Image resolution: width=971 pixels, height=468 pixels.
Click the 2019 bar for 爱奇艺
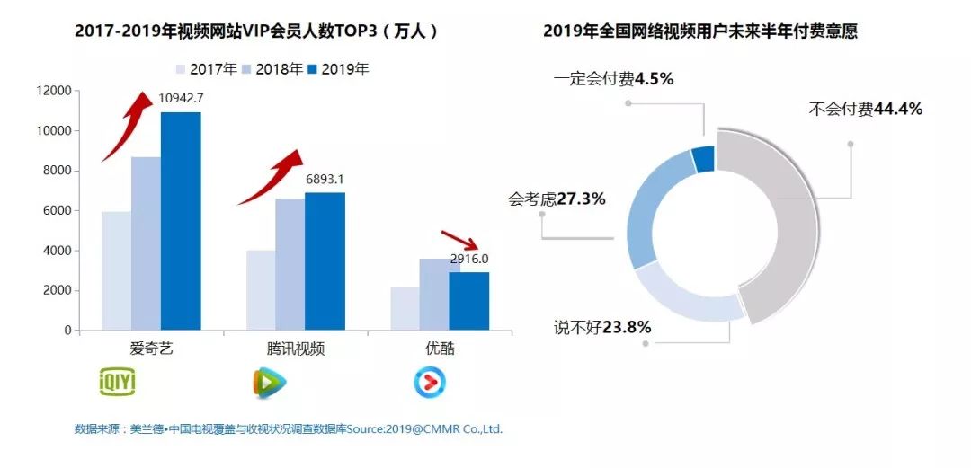pos(181,221)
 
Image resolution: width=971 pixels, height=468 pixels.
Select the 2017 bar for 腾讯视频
pos(261,290)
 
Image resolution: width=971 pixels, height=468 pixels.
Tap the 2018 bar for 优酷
pos(434,295)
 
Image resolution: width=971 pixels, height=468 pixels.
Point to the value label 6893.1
pos(325,180)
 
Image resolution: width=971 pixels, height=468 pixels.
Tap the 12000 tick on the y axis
pos(53,91)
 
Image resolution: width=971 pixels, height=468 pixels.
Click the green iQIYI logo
pos(116,383)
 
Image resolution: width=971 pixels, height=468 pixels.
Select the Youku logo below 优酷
pos(430,383)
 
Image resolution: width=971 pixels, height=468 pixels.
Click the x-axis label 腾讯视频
pos(296,349)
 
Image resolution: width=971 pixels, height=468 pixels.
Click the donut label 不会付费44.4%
pos(865,110)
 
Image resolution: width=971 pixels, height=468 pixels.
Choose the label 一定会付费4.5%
pos(613,79)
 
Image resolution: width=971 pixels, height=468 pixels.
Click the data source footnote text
pos(288,429)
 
